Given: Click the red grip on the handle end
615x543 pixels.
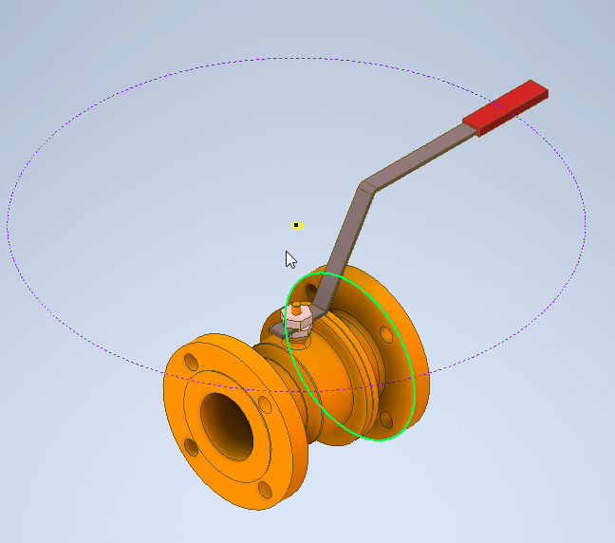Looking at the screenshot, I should [506, 108].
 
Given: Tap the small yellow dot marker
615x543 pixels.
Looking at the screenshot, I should [296, 225].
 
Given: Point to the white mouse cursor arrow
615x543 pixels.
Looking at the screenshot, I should [290, 259].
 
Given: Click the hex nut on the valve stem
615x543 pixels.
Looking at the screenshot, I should [297, 323].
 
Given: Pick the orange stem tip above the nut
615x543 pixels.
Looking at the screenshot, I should [297, 308].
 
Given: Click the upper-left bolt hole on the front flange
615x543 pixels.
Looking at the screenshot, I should [192, 362].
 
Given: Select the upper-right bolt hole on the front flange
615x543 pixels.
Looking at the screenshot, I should [265, 406].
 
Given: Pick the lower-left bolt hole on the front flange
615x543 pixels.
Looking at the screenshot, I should [193, 446].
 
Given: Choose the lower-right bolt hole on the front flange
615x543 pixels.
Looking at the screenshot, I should [265, 490].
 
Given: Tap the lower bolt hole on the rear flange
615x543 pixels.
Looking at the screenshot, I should [385, 418].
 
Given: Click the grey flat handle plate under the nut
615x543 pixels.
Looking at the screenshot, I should [280, 328].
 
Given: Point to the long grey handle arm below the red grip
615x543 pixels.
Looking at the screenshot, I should [418, 152].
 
